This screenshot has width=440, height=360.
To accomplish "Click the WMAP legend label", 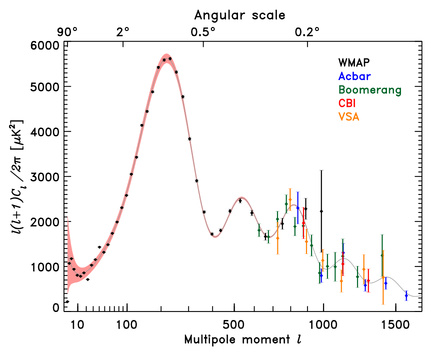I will tap(356, 63).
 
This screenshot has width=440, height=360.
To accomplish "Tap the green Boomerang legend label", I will tap(370, 90).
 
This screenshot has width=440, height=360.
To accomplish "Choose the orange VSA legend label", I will tap(348, 117).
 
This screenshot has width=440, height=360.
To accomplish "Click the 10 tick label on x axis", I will tap(76, 324).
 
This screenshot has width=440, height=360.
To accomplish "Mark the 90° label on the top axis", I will tap(67, 32).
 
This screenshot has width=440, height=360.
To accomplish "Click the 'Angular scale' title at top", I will tap(240, 15).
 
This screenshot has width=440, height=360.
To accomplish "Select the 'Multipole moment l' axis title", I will tap(242, 340).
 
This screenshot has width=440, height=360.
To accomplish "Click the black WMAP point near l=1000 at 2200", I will tap(321, 211).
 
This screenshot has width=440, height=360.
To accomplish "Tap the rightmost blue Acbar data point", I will tap(406, 295).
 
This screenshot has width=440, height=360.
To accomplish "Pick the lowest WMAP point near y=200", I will tap(67, 301).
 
